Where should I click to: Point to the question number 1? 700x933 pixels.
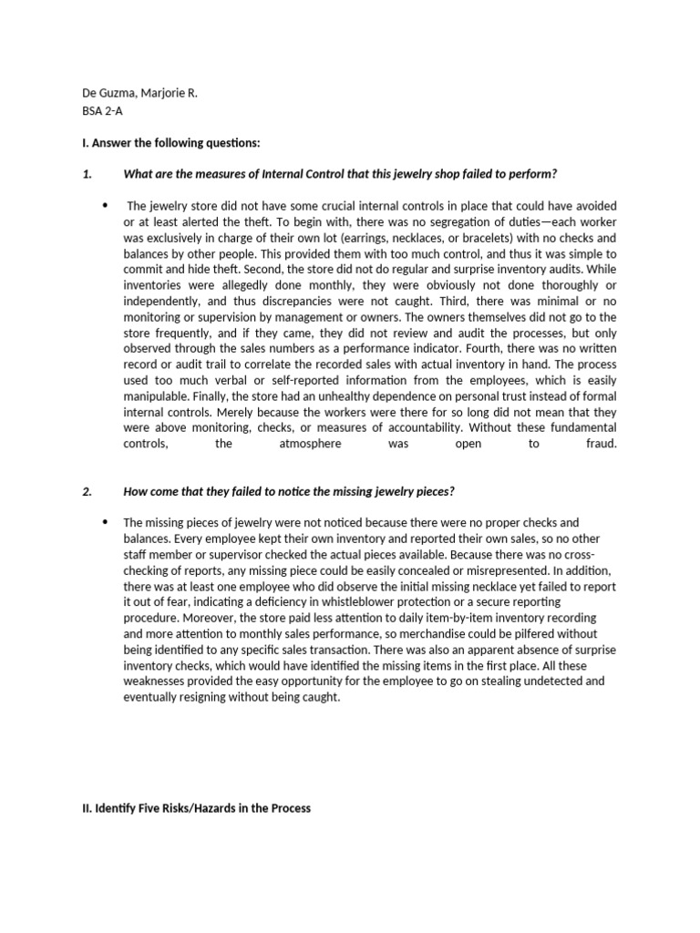point(86,174)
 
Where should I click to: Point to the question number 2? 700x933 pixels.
point(86,491)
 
